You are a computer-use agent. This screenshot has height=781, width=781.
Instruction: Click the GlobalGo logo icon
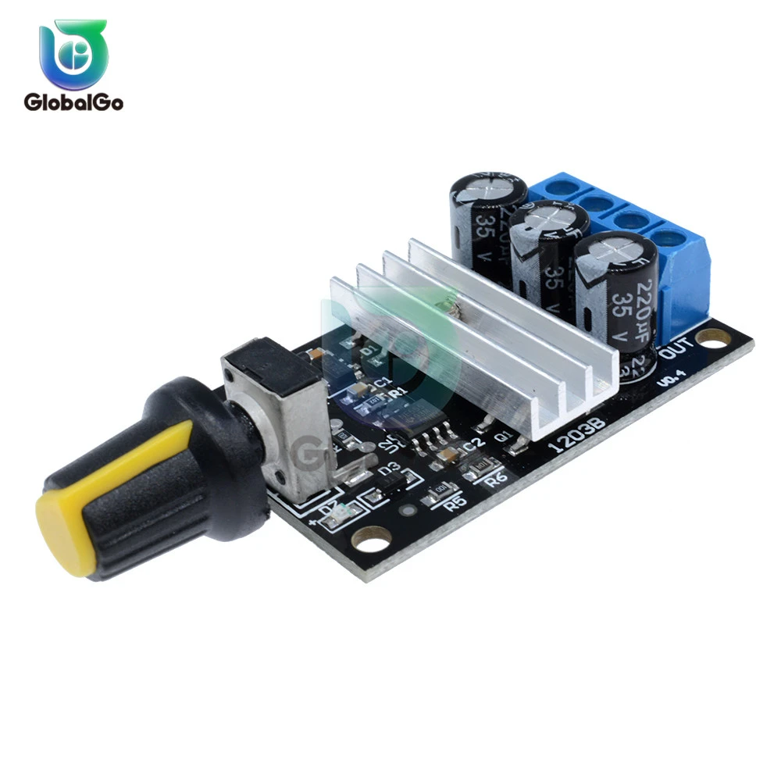pos(73,53)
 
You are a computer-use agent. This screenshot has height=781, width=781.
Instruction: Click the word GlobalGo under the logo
pos(73,102)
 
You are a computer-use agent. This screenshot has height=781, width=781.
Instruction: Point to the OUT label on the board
pos(676,352)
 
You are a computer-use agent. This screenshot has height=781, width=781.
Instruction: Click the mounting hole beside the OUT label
pos(711,337)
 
